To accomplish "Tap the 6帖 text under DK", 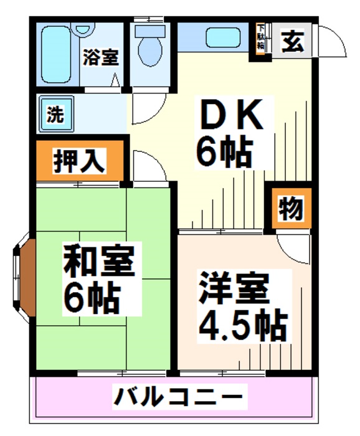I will tap(224, 151).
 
